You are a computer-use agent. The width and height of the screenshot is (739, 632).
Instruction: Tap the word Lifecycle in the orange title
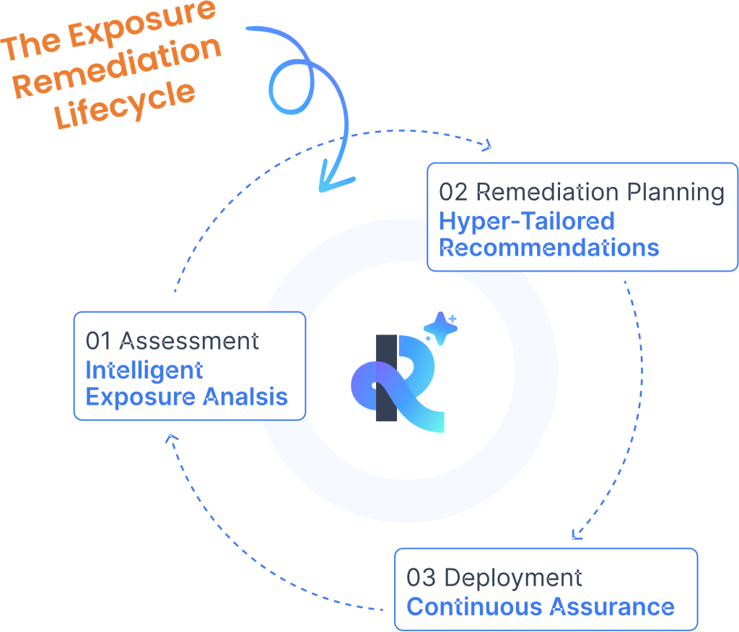(124, 104)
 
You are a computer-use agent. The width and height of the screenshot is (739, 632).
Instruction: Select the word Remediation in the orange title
(116, 66)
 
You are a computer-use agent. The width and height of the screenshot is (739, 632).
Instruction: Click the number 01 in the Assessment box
(98, 341)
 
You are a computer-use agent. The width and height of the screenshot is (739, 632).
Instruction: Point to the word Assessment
(189, 341)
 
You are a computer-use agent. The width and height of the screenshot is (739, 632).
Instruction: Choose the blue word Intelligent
(144, 371)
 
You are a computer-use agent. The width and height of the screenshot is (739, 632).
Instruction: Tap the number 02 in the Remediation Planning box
(453, 192)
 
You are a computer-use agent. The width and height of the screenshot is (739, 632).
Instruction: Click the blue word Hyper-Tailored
(527, 222)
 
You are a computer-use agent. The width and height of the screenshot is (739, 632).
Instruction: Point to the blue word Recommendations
(549, 248)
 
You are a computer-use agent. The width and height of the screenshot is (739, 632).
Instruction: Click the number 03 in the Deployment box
(421, 578)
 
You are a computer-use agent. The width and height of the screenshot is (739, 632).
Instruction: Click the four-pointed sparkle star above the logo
(441, 328)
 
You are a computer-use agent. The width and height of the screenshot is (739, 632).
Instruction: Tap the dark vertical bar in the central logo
(386, 378)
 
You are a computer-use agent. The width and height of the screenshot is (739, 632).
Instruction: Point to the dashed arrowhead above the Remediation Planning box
(487, 146)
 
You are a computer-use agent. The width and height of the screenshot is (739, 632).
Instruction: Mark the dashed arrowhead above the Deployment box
(576, 534)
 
